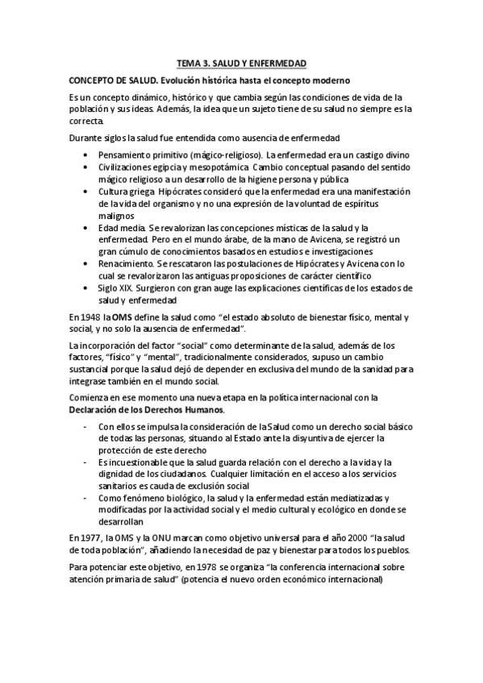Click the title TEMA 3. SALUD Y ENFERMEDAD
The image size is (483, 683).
(x=241, y=62)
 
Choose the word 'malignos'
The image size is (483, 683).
(x=117, y=216)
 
